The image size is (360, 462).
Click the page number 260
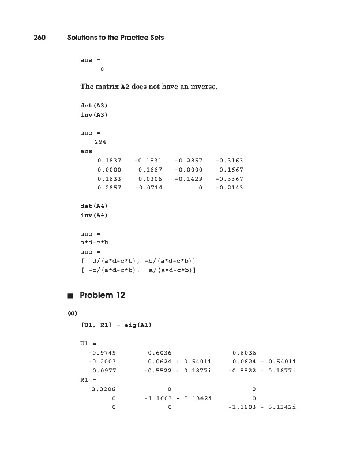[x=40, y=38]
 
